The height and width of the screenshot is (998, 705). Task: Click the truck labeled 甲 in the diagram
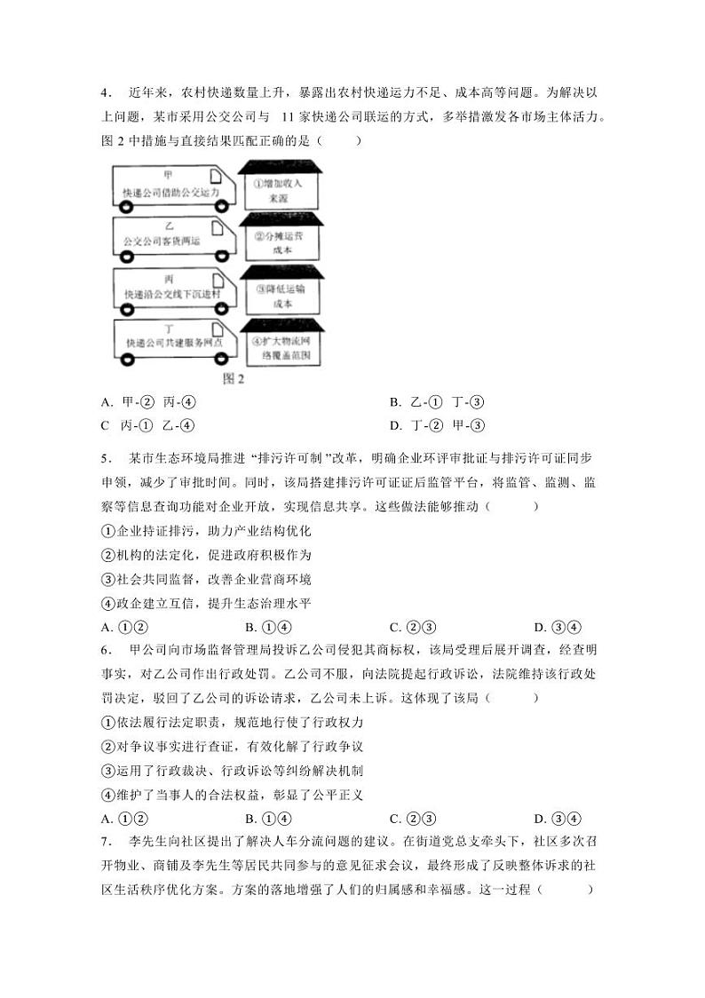[175, 186]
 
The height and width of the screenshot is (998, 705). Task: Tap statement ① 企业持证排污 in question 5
[206, 531]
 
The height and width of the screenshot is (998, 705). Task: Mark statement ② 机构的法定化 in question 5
[206, 555]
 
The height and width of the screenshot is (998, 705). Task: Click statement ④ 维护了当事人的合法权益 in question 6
[233, 795]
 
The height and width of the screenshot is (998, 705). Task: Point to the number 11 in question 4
[288, 115]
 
